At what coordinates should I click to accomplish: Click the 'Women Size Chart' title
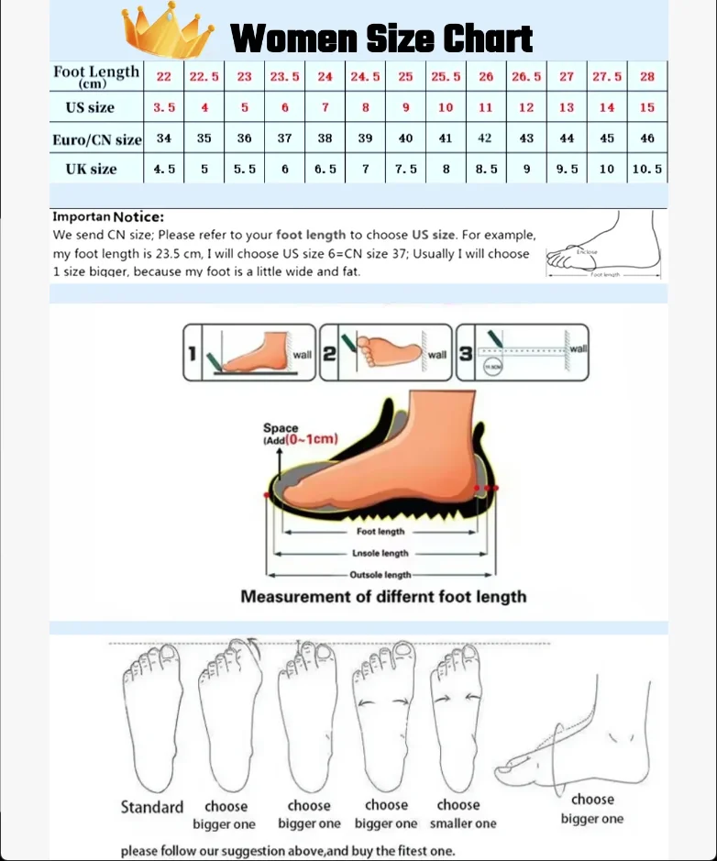[x=381, y=39]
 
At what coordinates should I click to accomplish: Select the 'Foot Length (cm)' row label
[x=96, y=76]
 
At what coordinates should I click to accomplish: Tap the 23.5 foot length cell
[x=284, y=77]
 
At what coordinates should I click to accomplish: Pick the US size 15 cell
[x=647, y=107]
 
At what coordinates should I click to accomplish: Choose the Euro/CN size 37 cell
[x=284, y=138]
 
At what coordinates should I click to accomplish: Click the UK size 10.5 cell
[x=647, y=170]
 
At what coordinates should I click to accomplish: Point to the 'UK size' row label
[x=91, y=170]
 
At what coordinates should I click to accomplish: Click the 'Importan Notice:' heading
[x=108, y=217]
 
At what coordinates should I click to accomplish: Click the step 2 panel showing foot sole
[x=386, y=353]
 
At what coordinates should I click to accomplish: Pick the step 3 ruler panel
[x=523, y=353]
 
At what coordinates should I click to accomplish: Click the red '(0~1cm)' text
[x=311, y=439]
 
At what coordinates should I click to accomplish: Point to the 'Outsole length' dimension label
[x=380, y=575]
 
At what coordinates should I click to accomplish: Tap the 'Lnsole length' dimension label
[x=380, y=554]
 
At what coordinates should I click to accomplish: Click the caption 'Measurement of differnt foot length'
[x=383, y=597]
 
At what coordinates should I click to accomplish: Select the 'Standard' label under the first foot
[x=152, y=807]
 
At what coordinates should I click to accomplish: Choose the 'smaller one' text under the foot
[x=463, y=823]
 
